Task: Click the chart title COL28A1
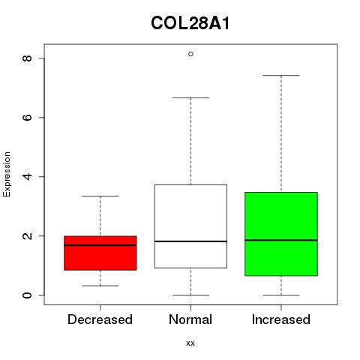pos(190,23)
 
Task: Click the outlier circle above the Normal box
pos(190,54)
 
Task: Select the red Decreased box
pos(100,253)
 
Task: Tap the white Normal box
pos(190,226)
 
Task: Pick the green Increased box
pos(281,234)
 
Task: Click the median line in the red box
pos(100,245)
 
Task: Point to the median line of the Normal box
pos(190,241)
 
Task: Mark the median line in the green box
pos(281,240)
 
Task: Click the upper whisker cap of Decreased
pos(100,196)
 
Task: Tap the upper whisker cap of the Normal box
pos(190,97)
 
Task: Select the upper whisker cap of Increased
pos(281,75)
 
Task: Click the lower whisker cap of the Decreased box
pos(100,286)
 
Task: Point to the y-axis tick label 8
pos(27,58)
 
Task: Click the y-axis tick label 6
pos(27,118)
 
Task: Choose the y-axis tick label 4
pos(27,176)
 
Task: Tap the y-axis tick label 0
pos(27,295)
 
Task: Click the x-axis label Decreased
pos(100,319)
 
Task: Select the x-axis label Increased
pos(281,319)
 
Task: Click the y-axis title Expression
pos(7,174)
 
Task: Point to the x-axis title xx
pos(190,343)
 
